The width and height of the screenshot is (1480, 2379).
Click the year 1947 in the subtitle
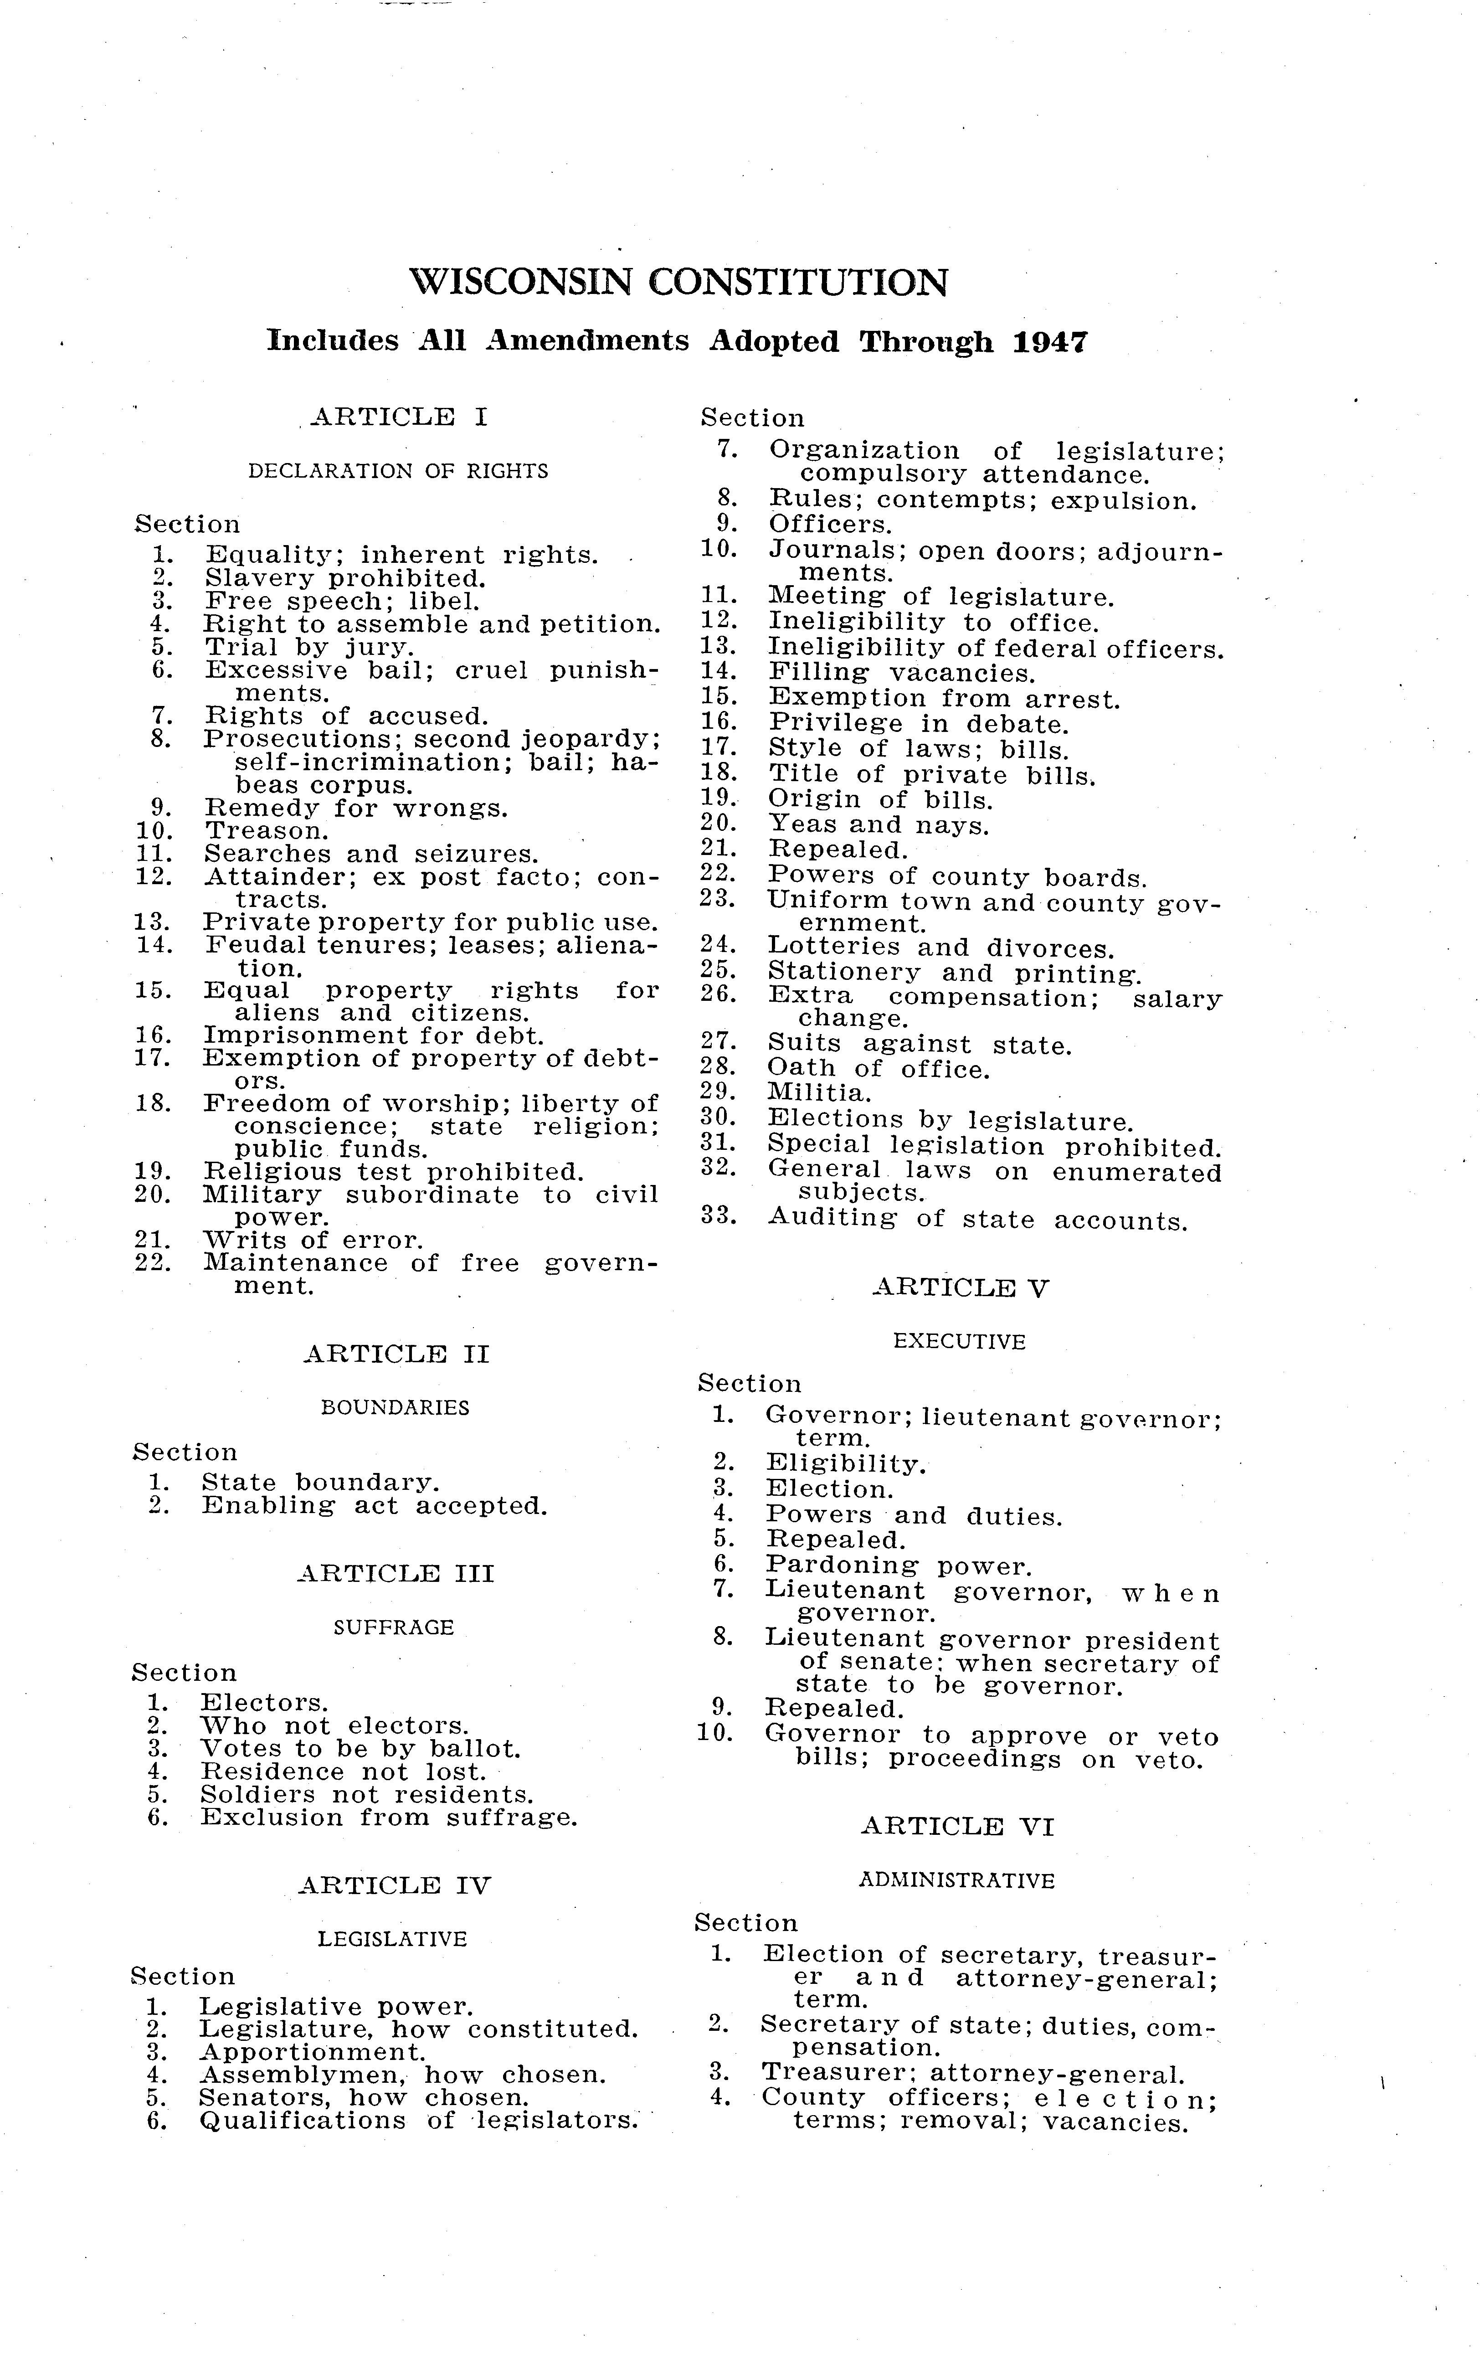click(x=1049, y=342)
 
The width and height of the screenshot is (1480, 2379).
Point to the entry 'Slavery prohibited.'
click(x=344, y=579)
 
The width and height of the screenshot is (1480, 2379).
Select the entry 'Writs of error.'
click(x=313, y=1241)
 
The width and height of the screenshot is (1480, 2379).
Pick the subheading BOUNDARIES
click(x=396, y=1408)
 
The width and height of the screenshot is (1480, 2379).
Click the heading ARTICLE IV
click(x=394, y=1885)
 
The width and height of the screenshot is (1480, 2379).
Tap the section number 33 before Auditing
click(x=718, y=1217)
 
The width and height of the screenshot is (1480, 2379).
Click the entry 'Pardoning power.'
click(x=899, y=1566)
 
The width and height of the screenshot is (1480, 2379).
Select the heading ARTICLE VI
click(x=957, y=1827)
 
